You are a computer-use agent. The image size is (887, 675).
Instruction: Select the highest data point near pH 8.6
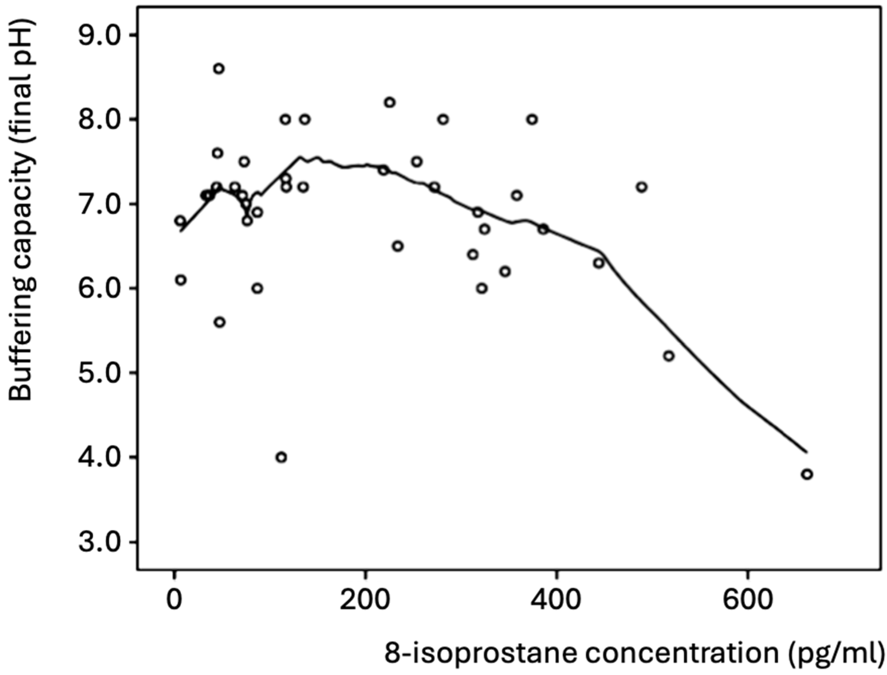point(219,69)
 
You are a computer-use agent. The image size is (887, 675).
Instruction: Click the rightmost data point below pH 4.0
point(807,474)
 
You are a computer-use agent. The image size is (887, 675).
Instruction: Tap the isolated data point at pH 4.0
point(281,457)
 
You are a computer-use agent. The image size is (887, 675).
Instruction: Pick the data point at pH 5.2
point(668,356)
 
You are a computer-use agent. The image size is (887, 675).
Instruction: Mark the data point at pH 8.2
point(389,103)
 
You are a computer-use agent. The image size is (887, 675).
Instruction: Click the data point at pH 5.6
point(220,322)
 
